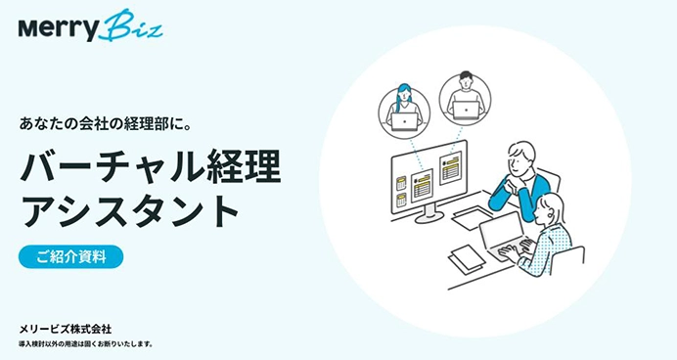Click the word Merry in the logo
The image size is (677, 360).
click(60, 28)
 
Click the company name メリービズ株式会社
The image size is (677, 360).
click(70, 328)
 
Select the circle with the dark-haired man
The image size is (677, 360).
click(465, 96)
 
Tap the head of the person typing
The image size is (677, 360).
click(551, 207)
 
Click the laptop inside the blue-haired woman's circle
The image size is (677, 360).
click(404, 120)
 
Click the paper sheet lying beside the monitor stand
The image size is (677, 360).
click(471, 216)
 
